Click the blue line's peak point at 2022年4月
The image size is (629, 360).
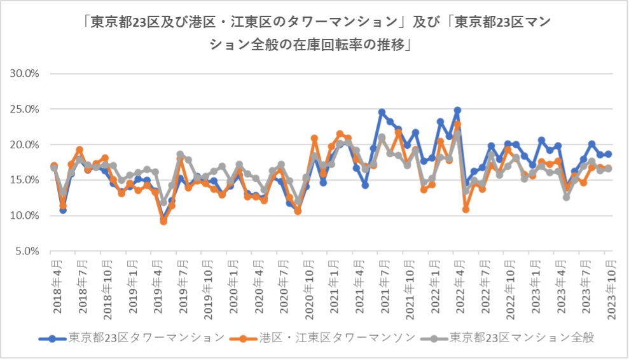pyautogui.click(x=457, y=111)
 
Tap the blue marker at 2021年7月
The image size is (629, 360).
pyautogui.click(x=382, y=113)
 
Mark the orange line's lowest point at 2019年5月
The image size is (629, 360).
pyautogui.click(x=163, y=221)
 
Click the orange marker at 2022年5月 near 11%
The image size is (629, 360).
pyautogui.click(x=466, y=209)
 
